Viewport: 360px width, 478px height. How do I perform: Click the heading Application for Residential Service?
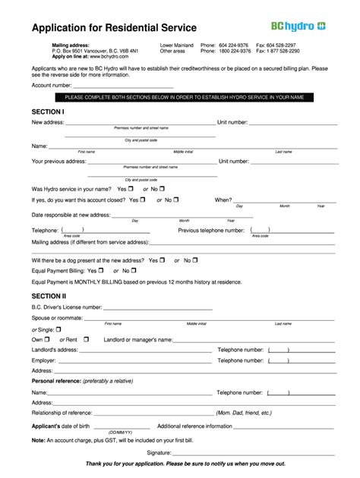114,28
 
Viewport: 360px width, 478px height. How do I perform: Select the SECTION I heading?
48,111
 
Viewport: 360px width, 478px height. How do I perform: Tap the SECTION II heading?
49,295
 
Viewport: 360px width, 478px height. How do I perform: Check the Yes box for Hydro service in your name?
131,188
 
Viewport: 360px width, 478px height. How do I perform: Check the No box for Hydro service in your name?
162,188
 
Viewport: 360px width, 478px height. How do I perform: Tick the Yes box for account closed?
144,200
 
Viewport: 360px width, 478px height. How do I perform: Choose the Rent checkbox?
86,339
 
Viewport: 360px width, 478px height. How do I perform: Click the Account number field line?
103,86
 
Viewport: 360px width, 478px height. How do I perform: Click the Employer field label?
44,360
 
